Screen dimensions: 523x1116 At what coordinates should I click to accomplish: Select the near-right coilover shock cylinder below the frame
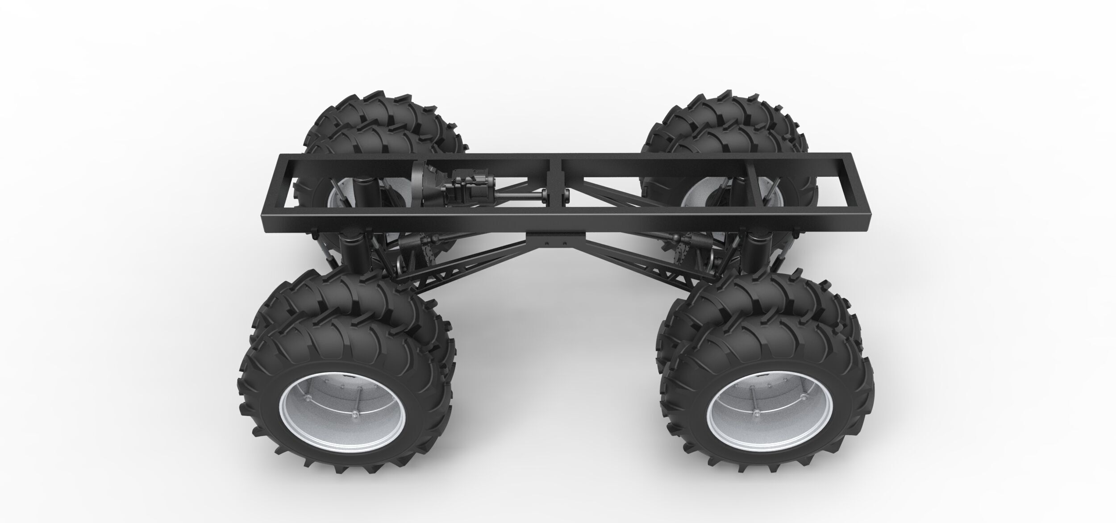[754, 254]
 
